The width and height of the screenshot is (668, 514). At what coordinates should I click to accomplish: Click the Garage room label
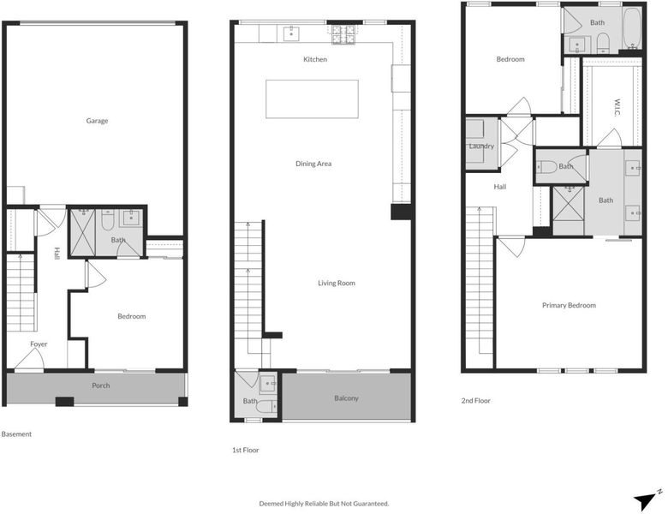pyautogui.click(x=97, y=121)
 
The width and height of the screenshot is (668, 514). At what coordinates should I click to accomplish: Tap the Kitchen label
pyautogui.click(x=315, y=59)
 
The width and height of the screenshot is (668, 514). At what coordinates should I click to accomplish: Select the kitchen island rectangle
pyautogui.click(x=313, y=99)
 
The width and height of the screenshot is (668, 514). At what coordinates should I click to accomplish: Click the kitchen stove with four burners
pyautogui.click(x=343, y=34)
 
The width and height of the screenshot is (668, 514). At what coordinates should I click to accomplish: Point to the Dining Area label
pyautogui.click(x=313, y=164)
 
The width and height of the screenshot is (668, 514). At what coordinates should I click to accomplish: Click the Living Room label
pyautogui.click(x=337, y=283)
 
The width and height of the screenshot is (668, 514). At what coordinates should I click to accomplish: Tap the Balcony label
pyautogui.click(x=346, y=398)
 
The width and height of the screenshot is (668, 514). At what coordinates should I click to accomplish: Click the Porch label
pyautogui.click(x=101, y=385)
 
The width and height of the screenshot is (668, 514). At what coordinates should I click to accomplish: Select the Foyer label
pyautogui.click(x=39, y=344)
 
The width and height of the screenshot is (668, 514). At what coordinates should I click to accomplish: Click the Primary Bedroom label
pyautogui.click(x=570, y=305)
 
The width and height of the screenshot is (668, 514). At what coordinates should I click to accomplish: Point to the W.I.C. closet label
pyautogui.click(x=617, y=107)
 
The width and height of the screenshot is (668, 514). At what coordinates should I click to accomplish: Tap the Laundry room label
pyautogui.click(x=481, y=146)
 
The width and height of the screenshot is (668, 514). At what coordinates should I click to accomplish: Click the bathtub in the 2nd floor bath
pyautogui.click(x=633, y=28)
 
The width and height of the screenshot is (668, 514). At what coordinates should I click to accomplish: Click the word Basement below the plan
pyautogui.click(x=16, y=434)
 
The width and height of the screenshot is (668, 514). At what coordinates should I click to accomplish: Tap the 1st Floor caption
pyautogui.click(x=246, y=450)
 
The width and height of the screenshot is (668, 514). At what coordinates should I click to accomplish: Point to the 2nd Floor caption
pyautogui.click(x=476, y=401)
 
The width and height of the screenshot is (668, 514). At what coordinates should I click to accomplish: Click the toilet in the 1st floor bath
pyautogui.click(x=266, y=408)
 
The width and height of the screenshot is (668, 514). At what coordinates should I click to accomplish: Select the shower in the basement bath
pyautogui.click(x=83, y=233)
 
